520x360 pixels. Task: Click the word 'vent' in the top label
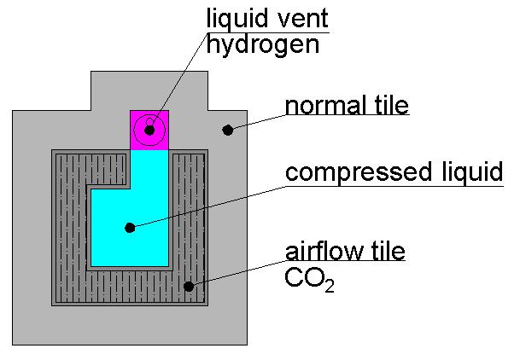pos(295,18)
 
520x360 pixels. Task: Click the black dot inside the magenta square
pos(149,131)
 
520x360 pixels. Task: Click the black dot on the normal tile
pos(227,130)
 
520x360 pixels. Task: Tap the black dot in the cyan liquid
pos(130,228)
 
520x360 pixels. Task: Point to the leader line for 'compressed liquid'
pos(205,206)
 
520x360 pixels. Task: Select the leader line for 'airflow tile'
pos(239,273)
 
